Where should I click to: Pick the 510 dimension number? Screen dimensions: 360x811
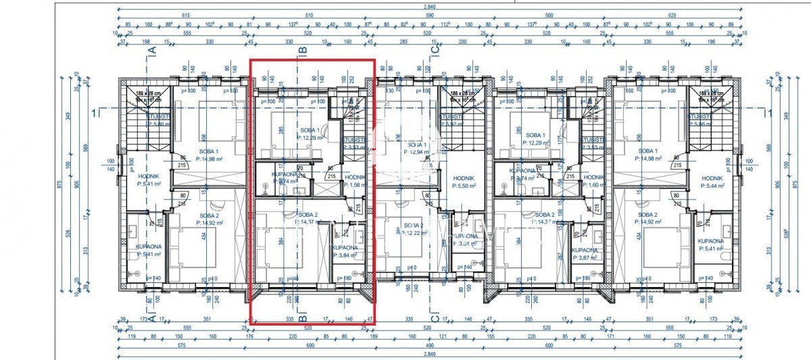309,15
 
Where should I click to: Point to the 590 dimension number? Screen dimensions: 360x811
428,15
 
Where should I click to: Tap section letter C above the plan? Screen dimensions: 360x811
435,49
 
